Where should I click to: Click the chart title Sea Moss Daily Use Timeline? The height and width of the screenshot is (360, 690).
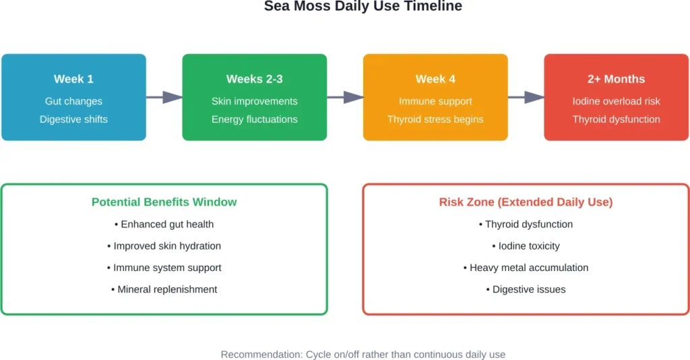coord(363,7)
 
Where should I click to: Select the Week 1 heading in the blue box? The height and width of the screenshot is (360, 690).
coord(73,79)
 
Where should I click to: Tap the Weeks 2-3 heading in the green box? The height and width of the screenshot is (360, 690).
coord(254,79)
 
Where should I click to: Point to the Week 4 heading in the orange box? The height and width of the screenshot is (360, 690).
coord(435,79)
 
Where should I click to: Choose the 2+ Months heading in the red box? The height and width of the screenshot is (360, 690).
coord(616,79)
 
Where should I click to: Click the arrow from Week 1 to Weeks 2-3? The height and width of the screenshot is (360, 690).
coord(164,97)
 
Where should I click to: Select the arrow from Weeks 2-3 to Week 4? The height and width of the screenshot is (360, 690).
coord(345,97)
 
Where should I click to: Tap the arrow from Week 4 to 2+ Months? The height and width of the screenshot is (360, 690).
coord(526,97)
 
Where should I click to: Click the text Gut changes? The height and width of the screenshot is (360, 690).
coord(73,101)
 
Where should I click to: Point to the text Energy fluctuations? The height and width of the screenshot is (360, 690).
coord(254,119)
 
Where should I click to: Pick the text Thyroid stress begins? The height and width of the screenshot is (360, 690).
coord(435,119)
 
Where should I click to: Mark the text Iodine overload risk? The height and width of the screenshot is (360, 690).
coord(616,101)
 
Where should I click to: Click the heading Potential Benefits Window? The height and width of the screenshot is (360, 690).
coord(164,202)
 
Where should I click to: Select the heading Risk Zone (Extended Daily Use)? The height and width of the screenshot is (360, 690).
coord(526,202)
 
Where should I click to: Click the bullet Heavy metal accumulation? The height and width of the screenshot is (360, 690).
coord(526,268)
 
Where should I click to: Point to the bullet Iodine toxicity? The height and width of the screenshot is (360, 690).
coord(526,246)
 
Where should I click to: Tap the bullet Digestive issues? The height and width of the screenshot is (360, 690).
coord(526,289)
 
